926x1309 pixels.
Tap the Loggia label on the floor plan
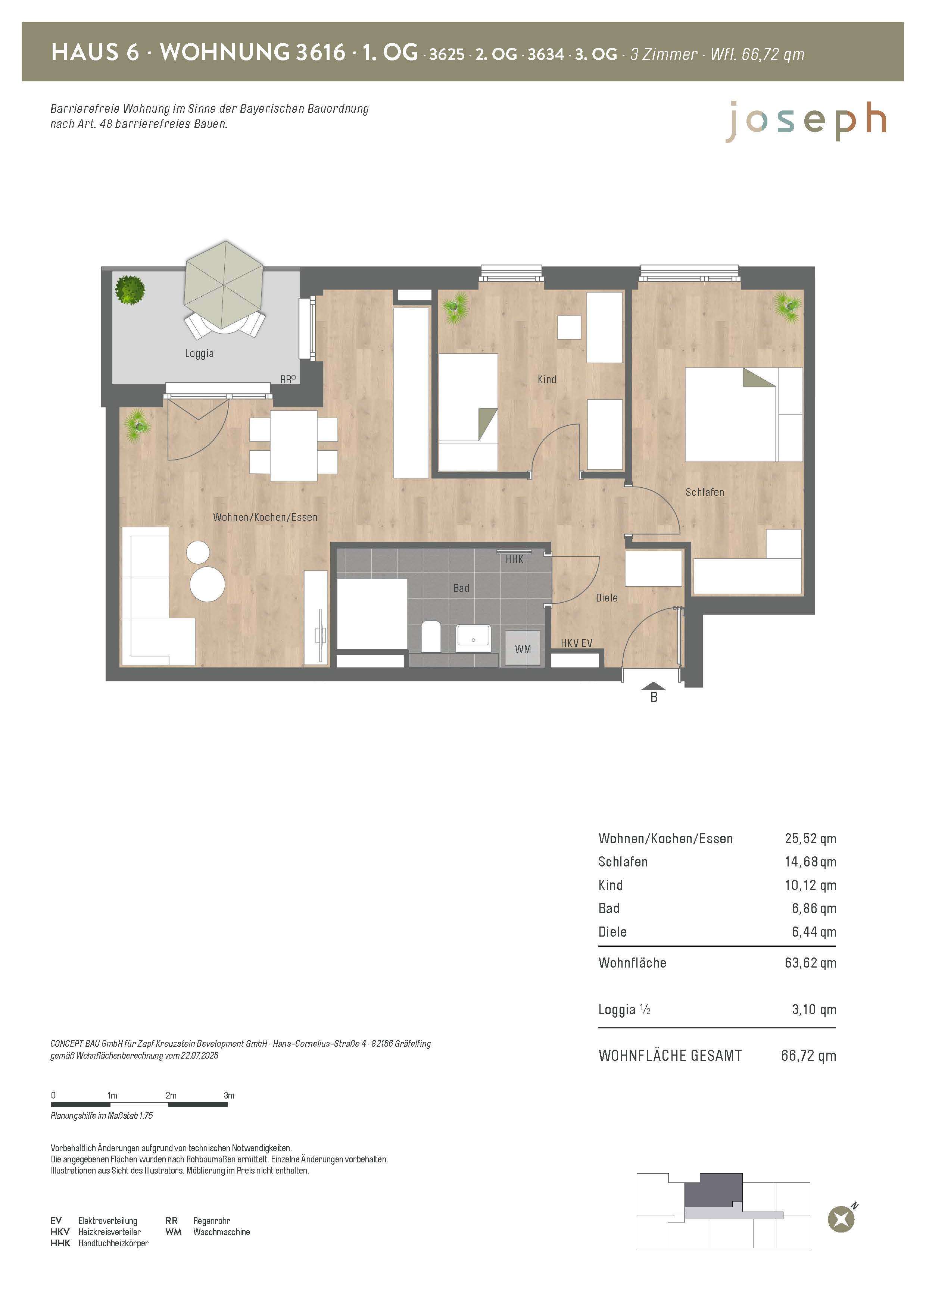[x=199, y=353]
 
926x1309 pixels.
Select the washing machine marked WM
[x=523, y=648]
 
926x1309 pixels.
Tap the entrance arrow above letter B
[x=654, y=686]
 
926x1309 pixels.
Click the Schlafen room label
[x=705, y=492]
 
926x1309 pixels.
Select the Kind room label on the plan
[x=547, y=379]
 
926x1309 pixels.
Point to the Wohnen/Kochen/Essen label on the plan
[x=265, y=517]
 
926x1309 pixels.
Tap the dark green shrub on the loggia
[x=130, y=290]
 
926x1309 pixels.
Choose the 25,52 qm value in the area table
[x=810, y=839]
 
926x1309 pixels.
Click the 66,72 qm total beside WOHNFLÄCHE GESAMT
[x=808, y=1055]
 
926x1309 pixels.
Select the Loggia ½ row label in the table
[x=624, y=1010]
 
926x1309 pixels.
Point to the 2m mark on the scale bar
[x=171, y=1095]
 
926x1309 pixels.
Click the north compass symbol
[x=842, y=1219]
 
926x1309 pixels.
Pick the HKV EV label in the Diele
[x=577, y=643]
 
